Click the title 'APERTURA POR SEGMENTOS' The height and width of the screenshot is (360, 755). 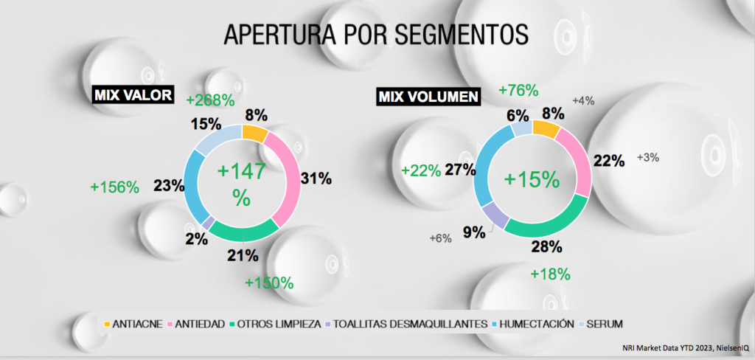376,33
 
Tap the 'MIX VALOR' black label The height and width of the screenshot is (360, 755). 133,95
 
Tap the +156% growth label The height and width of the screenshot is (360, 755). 114,187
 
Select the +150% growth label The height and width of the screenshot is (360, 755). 269,283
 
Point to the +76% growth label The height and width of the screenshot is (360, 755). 518,91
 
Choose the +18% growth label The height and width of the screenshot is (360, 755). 551,274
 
